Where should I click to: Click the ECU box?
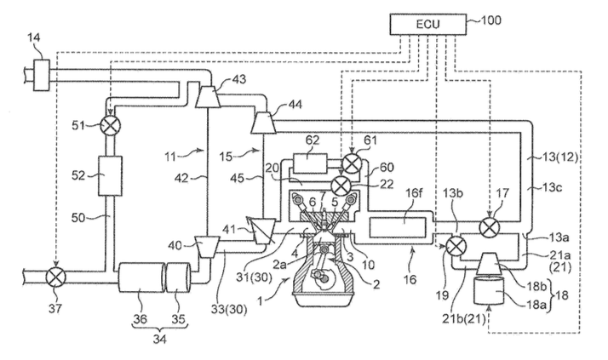pos(428,25)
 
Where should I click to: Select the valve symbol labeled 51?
pos(111,125)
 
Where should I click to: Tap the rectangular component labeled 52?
pos(110,175)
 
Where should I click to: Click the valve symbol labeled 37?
pos(56,277)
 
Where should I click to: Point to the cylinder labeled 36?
pos(142,278)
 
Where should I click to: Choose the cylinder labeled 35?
pos(178,278)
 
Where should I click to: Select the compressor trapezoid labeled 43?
pos(208,96)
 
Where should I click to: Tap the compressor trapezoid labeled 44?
pos(264,122)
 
